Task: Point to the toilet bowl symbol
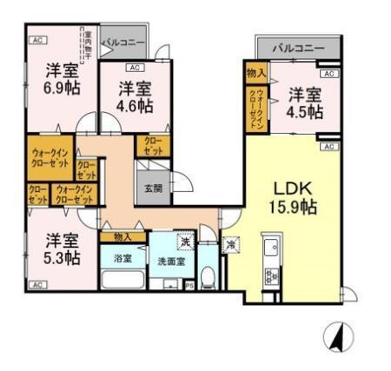207,279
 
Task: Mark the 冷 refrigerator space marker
231,244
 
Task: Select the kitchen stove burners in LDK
270,276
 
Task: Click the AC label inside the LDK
328,147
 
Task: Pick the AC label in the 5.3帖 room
37,284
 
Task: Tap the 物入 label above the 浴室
122,236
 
